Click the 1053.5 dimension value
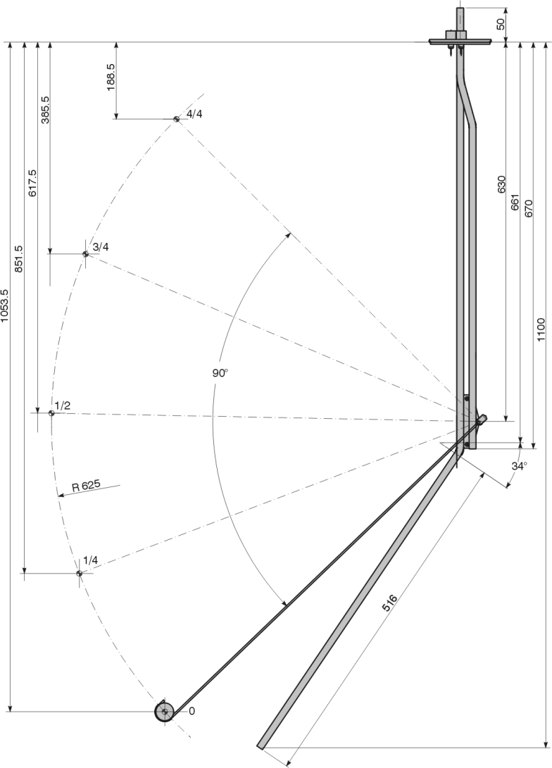[6, 306]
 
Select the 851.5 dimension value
[19, 258]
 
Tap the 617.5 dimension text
[32, 182]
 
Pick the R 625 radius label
[86, 486]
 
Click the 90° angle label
[220, 373]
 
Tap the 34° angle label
[519, 466]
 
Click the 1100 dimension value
[541, 329]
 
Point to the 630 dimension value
[501, 184]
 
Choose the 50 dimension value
[501, 23]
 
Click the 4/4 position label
[194, 115]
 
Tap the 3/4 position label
[101, 246]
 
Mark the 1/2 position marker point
[51, 413]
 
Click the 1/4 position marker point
[80, 574]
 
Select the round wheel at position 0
[165, 712]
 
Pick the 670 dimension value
[528, 208]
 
